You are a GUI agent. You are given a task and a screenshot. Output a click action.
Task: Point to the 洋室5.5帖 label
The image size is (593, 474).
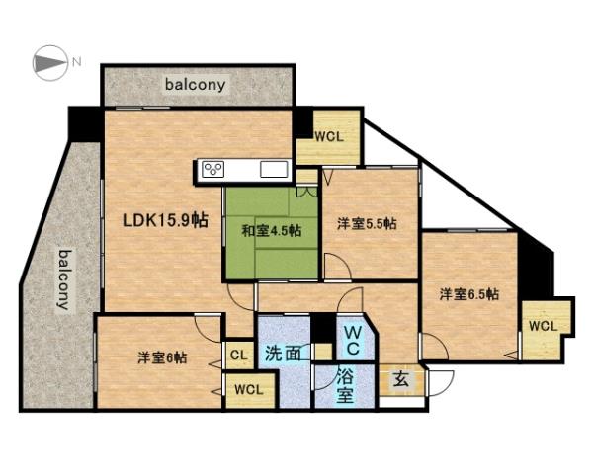(366, 224)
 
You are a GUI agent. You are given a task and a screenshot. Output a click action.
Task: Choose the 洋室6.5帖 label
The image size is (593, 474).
(468, 293)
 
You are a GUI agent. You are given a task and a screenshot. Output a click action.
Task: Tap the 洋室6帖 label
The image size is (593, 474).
(161, 357)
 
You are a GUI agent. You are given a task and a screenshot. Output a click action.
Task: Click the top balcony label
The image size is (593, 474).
(196, 85)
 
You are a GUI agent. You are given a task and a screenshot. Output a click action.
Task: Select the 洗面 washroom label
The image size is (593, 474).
(283, 353)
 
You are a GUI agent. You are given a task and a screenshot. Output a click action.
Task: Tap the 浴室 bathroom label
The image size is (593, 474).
(344, 386)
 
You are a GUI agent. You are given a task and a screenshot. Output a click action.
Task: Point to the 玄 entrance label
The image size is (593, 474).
(401, 380)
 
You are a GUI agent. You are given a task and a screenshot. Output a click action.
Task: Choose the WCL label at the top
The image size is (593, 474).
(328, 136)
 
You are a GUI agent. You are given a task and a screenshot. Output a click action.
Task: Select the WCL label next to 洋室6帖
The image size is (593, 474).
(248, 389)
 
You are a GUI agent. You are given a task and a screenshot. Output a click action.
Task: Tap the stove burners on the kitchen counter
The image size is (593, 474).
(213, 170)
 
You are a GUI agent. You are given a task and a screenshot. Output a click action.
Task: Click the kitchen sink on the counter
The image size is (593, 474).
(274, 170)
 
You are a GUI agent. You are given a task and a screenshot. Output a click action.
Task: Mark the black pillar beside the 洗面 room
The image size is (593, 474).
(321, 327)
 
